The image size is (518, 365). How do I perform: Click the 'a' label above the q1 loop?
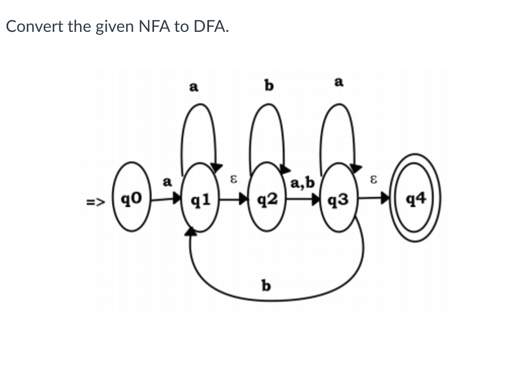[194, 87]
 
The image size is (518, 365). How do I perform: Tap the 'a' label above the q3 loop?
[339, 82]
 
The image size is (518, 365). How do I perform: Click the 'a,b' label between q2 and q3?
[302, 182]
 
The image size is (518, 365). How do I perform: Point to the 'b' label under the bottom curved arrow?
[265, 284]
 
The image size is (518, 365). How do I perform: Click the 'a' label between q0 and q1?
[166, 181]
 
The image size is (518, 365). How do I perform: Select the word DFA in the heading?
[209, 27]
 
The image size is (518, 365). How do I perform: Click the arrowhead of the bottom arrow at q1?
[191, 233]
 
